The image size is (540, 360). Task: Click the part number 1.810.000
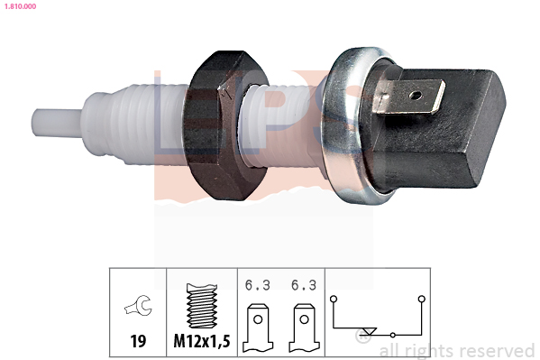[x=20, y=6]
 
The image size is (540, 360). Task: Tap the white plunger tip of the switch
[x=57, y=123]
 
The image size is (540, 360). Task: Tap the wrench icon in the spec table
[x=138, y=305]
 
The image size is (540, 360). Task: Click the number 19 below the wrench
[x=138, y=341]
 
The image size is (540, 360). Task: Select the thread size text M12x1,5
[x=202, y=341]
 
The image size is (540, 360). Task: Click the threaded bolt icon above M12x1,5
[x=202, y=306]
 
